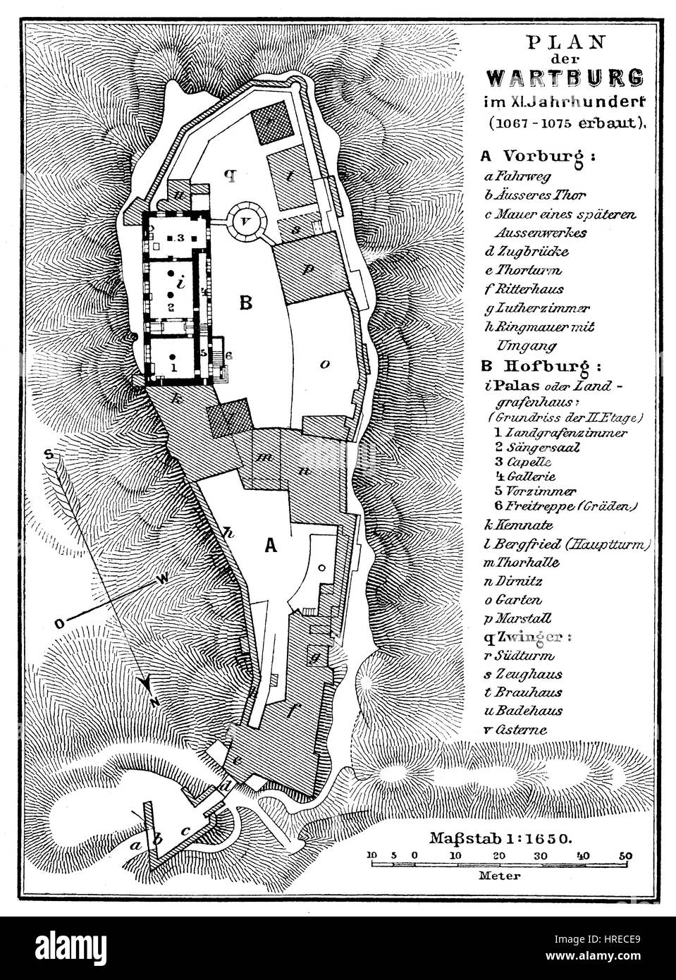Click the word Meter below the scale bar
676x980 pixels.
[x=499, y=877]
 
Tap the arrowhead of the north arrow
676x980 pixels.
[x=145, y=687]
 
